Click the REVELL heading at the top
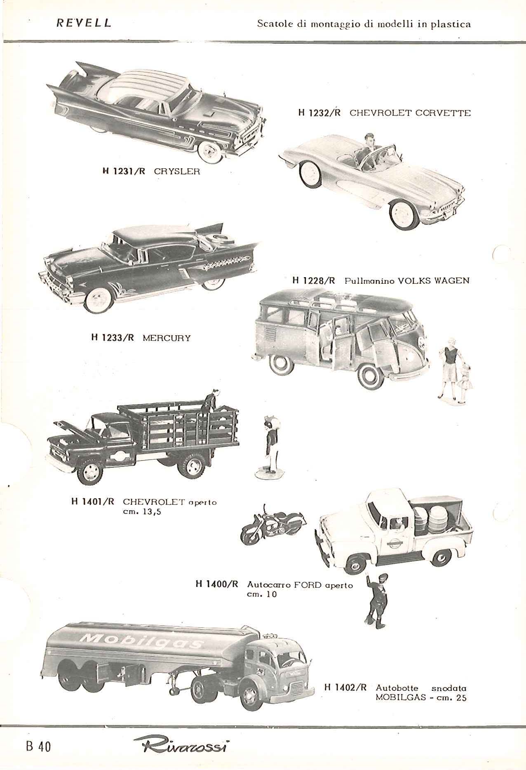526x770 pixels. pos(84,23)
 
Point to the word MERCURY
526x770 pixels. pos(167,338)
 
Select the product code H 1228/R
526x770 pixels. pos(314,281)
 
